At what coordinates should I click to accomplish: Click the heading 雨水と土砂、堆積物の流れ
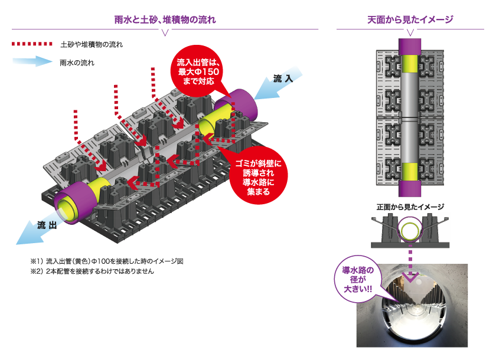(165, 20)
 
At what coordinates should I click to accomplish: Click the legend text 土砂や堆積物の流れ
(92, 44)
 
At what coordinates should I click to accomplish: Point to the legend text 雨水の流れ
(77, 61)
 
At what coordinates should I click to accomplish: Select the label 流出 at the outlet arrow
(47, 225)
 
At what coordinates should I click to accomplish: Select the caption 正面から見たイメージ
(410, 207)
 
